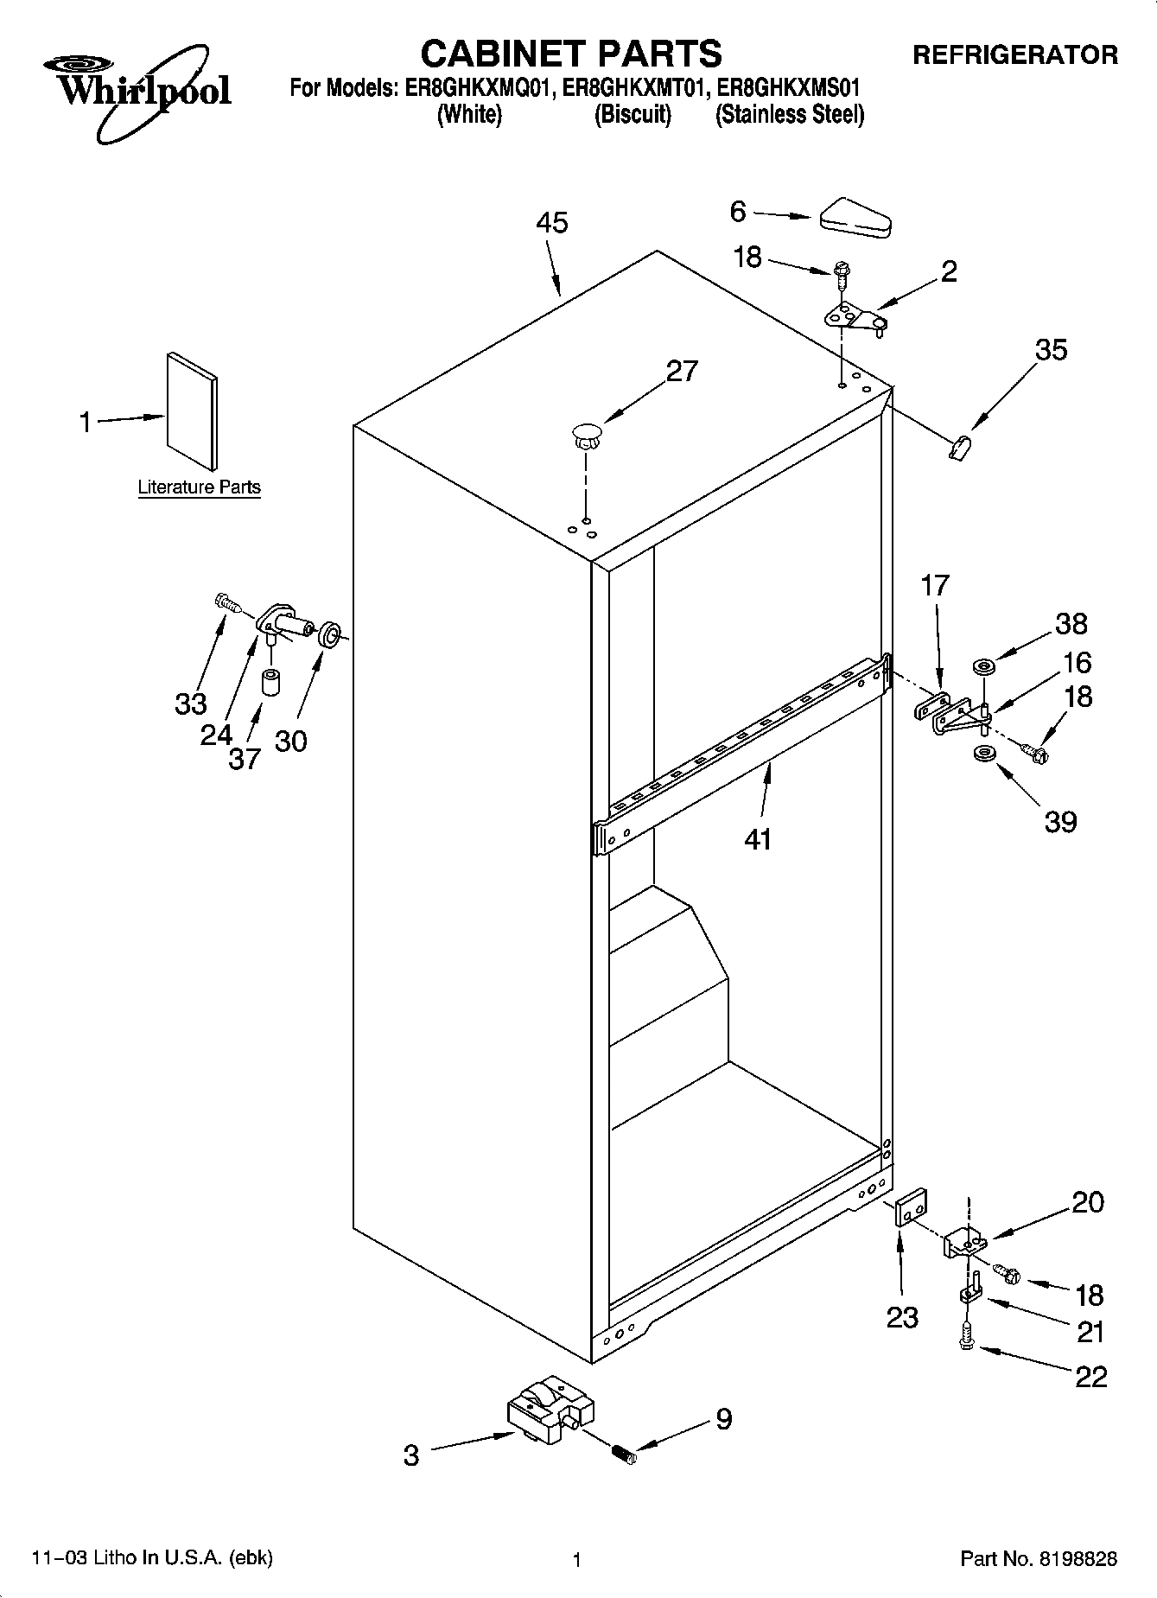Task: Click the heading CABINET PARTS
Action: (570, 54)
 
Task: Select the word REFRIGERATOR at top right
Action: (1014, 55)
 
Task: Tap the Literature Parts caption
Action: (199, 487)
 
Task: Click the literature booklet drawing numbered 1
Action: (192, 411)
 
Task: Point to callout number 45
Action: (552, 223)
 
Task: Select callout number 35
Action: (1052, 350)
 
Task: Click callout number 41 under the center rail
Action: (758, 838)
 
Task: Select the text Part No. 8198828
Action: (1039, 1559)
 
